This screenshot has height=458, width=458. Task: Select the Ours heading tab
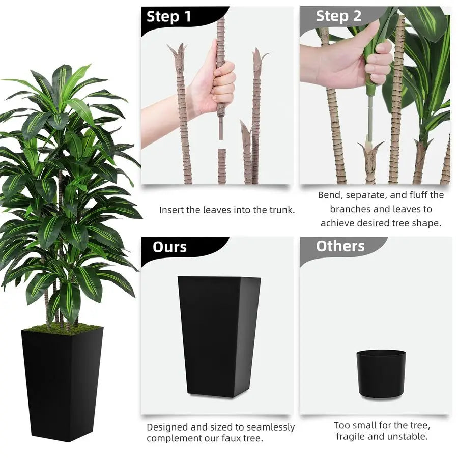169,247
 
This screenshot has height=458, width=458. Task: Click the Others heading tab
340,246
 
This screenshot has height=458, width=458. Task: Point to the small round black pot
381,374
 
